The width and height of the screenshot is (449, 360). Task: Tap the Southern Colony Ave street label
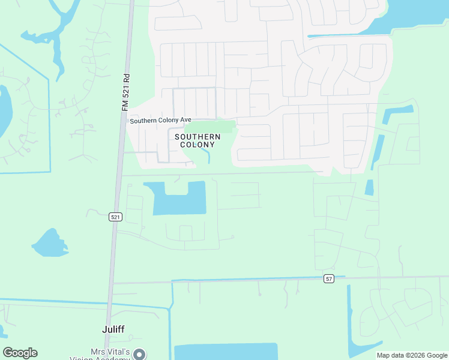pyautogui.click(x=160, y=121)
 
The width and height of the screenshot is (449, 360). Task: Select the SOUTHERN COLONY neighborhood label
pyautogui.click(x=197, y=140)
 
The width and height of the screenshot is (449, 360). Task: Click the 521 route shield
pyautogui.click(x=116, y=217)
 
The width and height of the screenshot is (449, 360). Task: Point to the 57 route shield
pyautogui.click(x=328, y=278)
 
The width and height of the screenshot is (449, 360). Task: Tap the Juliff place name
pyautogui.click(x=112, y=329)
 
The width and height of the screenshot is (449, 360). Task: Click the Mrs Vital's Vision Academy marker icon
pyautogui.click(x=140, y=354)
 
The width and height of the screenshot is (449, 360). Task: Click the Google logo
pyautogui.click(x=20, y=353)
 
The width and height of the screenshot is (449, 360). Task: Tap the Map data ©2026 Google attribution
pyautogui.click(x=412, y=355)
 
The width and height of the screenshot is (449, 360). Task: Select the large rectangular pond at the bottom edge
pyautogui.click(x=226, y=352)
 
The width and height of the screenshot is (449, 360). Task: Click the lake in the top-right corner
pyautogui.click(x=414, y=18)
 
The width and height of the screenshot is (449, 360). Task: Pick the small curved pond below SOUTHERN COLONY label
pyautogui.click(x=206, y=155)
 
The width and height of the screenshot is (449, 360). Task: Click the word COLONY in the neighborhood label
pyautogui.click(x=197, y=145)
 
